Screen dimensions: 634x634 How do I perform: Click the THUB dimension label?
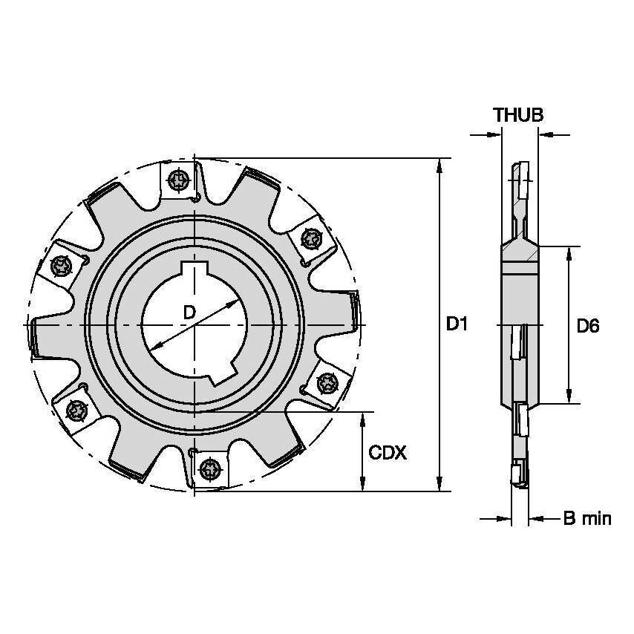[x=519, y=114]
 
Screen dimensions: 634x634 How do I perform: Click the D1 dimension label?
[x=457, y=324]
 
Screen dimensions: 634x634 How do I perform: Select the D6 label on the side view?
[x=588, y=325]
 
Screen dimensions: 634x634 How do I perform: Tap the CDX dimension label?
[x=388, y=452]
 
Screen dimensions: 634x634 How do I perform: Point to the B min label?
[x=586, y=518]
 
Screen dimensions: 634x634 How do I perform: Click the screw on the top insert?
[x=177, y=179]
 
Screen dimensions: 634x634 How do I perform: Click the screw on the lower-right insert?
[x=324, y=382]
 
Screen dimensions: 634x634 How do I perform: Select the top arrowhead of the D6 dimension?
[x=569, y=253]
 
